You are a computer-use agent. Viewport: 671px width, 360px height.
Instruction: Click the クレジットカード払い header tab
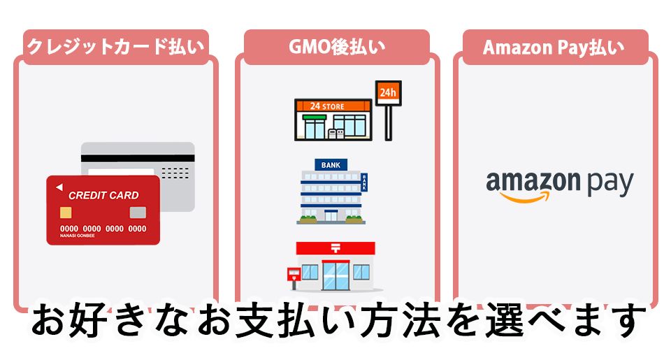(x=115, y=47)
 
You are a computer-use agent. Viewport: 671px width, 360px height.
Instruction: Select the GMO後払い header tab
(x=337, y=47)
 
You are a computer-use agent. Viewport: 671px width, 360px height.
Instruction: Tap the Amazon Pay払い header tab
(x=554, y=47)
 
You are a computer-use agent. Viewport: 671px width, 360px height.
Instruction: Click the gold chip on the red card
(x=65, y=213)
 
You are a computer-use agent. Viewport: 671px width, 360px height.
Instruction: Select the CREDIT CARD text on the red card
(x=103, y=195)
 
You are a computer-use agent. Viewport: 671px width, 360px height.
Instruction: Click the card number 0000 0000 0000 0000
(x=103, y=229)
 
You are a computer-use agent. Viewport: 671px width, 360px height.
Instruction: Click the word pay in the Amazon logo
(x=609, y=184)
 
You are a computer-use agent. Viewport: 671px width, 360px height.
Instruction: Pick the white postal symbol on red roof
(x=335, y=247)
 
